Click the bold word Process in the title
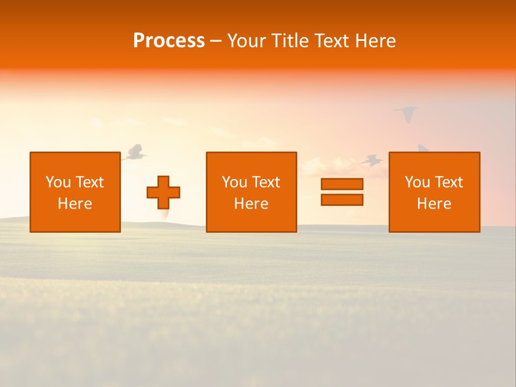[x=169, y=41]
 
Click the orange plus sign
[x=163, y=192]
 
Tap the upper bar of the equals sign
[x=342, y=184]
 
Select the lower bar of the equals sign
[x=342, y=199]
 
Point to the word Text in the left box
[x=89, y=182]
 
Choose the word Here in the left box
[x=75, y=204]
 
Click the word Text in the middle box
[x=266, y=182]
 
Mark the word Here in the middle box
[x=251, y=204]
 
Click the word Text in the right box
[x=448, y=182]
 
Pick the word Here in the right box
[x=434, y=204]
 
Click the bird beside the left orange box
[x=134, y=153]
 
